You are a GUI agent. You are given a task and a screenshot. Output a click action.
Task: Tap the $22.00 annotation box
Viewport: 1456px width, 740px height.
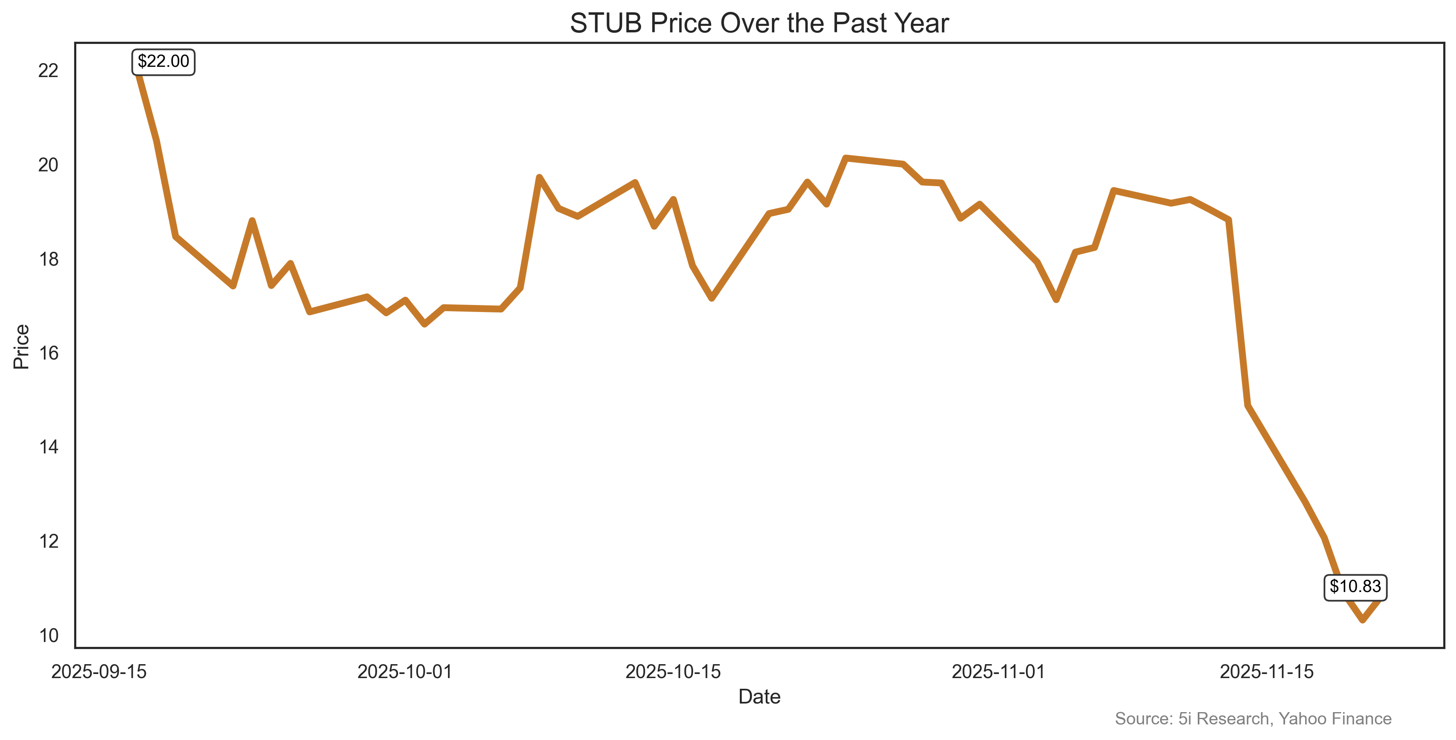pyautogui.click(x=163, y=61)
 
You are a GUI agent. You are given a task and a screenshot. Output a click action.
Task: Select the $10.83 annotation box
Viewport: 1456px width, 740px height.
pyautogui.click(x=1355, y=587)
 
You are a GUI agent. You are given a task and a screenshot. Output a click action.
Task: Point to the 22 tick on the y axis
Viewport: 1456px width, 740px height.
pyautogui.click(x=49, y=71)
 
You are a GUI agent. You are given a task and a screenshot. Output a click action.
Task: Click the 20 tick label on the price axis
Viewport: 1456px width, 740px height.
pyautogui.click(x=49, y=165)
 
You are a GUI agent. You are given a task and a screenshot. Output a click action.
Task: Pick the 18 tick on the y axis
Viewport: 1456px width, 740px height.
pyautogui.click(x=49, y=260)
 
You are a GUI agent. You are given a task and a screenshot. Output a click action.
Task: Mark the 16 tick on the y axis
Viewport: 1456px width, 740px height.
pyautogui.click(x=49, y=353)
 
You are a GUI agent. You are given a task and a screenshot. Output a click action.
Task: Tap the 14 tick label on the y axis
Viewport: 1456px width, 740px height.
pyautogui.click(x=49, y=448)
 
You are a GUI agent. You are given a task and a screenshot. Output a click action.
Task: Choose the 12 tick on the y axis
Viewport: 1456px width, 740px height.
pyautogui.click(x=49, y=542)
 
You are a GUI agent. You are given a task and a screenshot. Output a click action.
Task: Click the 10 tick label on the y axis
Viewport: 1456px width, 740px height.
pyautogui.click(x=49, y=636)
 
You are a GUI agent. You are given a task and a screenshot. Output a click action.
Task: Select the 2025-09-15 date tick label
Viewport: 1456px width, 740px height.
pyautogui.click(x=99, y=672)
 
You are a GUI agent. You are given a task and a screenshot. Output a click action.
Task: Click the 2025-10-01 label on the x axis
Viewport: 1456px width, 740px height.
pyautogui.click(x=405, y=672)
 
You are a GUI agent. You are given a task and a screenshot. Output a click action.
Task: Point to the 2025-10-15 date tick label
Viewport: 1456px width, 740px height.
pyautogui.click(x=673, y=672)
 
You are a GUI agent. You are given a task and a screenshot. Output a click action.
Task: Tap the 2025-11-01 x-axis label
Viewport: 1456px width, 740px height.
pyautogui.click(x=999, y=672)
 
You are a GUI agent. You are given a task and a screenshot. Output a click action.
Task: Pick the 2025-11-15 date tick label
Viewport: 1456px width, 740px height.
pyautogui.click(x=1267, y=672)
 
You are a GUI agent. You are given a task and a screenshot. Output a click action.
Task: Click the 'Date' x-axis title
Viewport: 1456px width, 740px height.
pyautogui.click(x=759, y=697)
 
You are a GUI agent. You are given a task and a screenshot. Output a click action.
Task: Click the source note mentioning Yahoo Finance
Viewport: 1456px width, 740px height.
pyautogui.click(x=1253, y=719)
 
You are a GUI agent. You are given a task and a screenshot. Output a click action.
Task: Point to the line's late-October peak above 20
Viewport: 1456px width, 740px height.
pyautogui.click(x=846, y=158)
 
